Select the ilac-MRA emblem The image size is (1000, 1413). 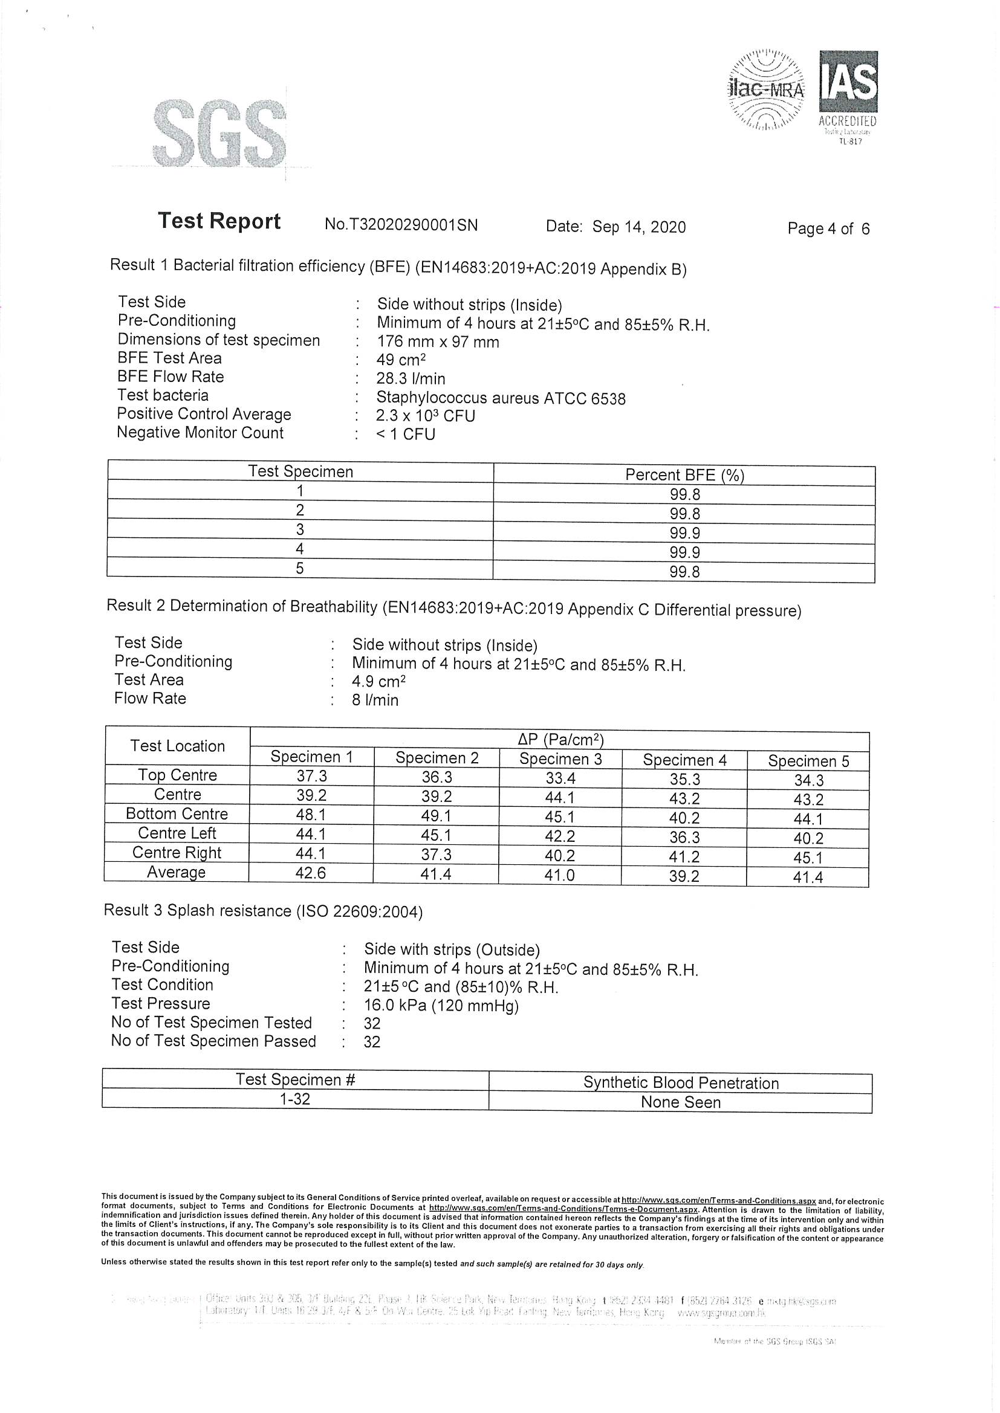pyautogui.click(x=767, y=90)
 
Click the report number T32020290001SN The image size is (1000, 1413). pyautogui.click(x=401, y=225)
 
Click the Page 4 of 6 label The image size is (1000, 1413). pyautogui.click(x=828, y=229)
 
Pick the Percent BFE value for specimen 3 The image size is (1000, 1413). pyautogui.click(x=684, y=533)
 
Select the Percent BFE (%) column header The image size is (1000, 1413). pyautogui.click(x=684, y=475)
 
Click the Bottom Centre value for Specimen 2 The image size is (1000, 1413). pyautogui.click(x=437, y=815)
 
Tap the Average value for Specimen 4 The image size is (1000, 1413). pyautogui.click(x=684, y=876)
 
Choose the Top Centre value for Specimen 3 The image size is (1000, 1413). pyautogui.click(x=560, y=778)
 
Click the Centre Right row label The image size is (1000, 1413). pyautogui.click(x=177, y=852)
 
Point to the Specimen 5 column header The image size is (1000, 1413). pyautogui.click(x=808, y=761)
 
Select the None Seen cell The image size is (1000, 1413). pyautogui.click(x=680, y=1102)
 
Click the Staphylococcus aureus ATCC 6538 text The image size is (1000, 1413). pyautogui.click(x=501, y=398)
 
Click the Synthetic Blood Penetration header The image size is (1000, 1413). pyautogui.click(x=680, y=1082)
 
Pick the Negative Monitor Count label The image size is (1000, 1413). pyautogui.click(x=200, y=433)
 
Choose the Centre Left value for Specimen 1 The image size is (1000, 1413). pyautogui.click(x=311, y=834)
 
